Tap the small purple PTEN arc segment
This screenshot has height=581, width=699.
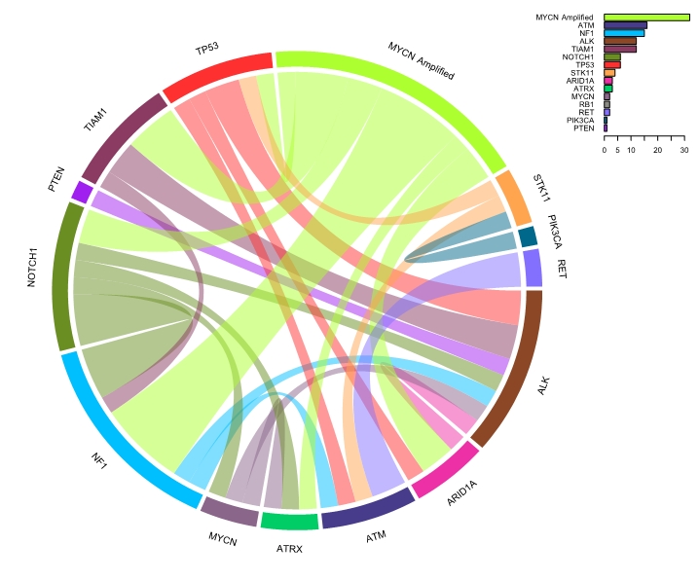click(x=80, y=192)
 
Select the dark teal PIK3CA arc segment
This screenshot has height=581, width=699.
click(x=528, y=236)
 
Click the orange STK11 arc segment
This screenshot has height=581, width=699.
click(x=512, y=199)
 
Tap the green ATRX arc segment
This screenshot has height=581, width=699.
click(x=289, y=522)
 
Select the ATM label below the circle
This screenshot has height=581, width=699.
click(x=375, y=536)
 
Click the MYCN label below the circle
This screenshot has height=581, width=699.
click(x=223, y=538)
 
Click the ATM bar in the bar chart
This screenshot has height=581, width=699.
click(x=625, y=25)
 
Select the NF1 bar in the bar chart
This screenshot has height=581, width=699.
click(x=624, y=33)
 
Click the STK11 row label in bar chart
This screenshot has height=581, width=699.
click(x=583, y=72)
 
